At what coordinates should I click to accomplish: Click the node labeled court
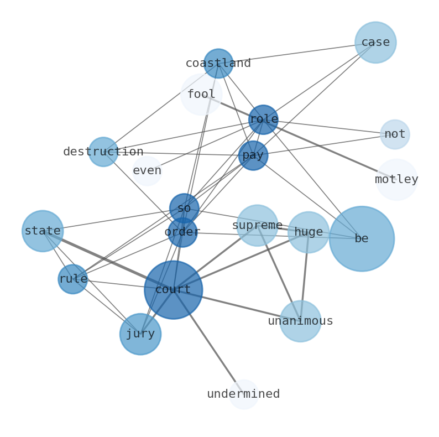point(174,290)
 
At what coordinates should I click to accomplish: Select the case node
point(375,43)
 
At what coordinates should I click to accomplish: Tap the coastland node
point(218,64)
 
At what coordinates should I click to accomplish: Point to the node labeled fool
point(201,95)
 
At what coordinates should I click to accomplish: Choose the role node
point(263,119)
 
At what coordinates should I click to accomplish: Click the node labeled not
point(395,134)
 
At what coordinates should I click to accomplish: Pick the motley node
point(396,180)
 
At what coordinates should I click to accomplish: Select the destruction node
point(103,152)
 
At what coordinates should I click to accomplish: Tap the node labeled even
point(147,171)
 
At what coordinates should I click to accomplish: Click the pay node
point(253,155)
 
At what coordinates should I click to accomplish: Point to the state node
point(43,231)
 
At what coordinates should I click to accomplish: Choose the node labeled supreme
point(257,226)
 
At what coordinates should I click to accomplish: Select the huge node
point(309,232)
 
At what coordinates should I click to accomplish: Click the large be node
point(362,239)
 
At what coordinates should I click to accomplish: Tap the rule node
point(73,279)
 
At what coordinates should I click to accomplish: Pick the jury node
point(140,334)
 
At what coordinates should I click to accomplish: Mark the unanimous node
point(300,321)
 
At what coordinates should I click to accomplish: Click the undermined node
point(244,394)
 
